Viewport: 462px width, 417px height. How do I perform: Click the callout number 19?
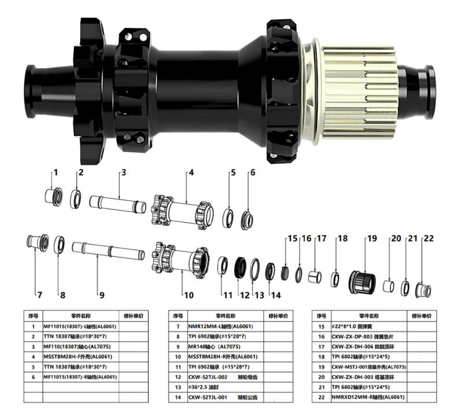point(371,238)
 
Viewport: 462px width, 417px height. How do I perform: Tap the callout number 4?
point(191,172)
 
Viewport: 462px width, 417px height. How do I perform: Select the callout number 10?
point(189,294)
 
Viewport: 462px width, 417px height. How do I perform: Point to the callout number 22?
point(429,238)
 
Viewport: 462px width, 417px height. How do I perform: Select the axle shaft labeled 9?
point(108,253)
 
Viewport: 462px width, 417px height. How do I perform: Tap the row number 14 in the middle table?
point(178,397)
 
